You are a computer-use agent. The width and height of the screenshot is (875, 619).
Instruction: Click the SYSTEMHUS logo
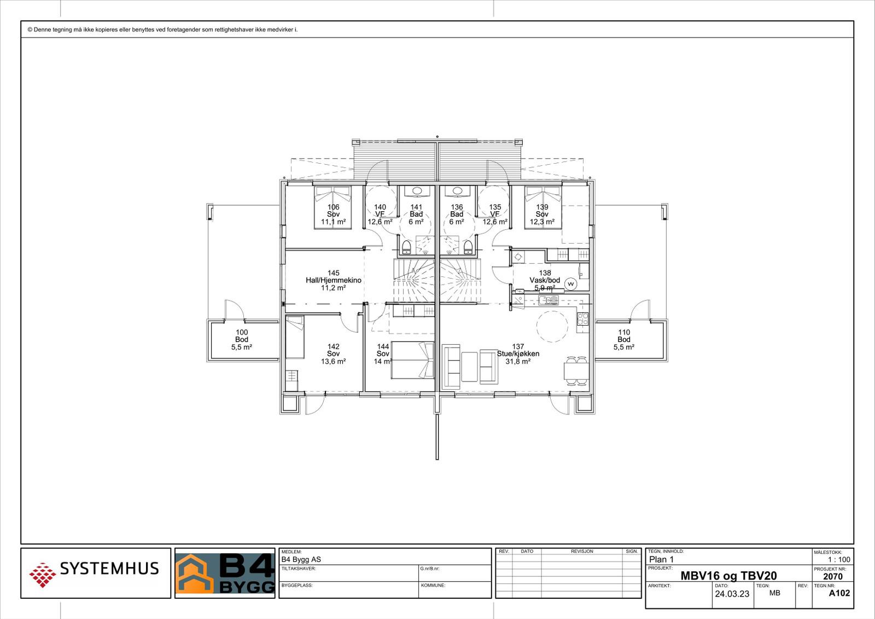click(x=94, y=572)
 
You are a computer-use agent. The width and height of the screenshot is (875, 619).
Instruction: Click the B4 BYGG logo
click(x=225, y=573)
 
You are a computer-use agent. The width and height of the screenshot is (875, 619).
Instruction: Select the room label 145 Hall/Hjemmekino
click(x=333, y=280)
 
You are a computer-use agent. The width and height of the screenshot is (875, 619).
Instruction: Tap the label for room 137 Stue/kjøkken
click(x=518, y=354)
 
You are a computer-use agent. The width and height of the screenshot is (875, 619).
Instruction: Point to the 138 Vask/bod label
click(x=545, y=280)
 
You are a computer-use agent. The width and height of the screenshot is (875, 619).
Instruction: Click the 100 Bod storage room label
click(x=241, y=339)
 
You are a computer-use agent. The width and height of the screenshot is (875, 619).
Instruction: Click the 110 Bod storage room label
click(x=623, y=339)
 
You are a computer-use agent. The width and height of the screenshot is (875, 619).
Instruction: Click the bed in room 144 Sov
click(x=413, y=360)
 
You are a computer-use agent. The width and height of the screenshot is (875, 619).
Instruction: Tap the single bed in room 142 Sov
click(x=295, y=337)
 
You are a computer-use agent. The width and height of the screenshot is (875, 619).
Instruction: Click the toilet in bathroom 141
click(x=406, y=247)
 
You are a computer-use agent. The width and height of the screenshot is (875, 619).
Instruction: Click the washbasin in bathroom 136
click(x=457, y=191)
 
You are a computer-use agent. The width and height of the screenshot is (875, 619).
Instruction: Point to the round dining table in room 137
click(x=552, y=327)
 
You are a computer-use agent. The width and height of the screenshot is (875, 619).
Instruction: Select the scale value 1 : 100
click(x=839, y=559)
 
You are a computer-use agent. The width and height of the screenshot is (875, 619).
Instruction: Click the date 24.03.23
click(x=732, y=594)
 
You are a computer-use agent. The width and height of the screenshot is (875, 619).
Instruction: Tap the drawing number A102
click(x=839, y=593)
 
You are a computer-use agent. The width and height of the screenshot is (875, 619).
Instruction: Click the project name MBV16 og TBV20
click(x=728, y=576)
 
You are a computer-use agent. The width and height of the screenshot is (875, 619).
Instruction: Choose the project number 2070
click(x=832, y=576)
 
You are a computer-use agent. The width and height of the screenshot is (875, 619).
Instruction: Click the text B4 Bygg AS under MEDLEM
click(x=301, y=559)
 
